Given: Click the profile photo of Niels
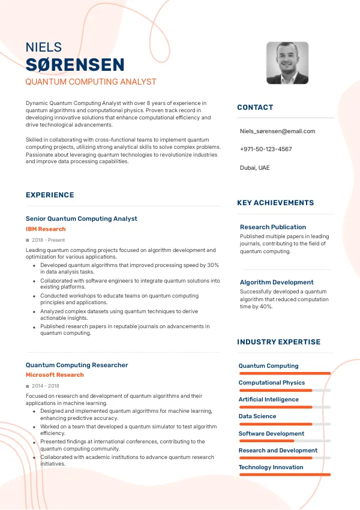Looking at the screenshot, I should [287, 63].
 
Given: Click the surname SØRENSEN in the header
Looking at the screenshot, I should [76, 65].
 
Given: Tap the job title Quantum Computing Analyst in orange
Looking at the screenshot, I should [91, 82].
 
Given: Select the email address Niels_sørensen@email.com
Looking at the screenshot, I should [277, 131].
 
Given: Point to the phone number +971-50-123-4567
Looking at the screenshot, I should [266, 149].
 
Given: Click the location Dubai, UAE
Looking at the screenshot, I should [254, 167].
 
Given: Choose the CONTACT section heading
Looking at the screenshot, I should [255, 107].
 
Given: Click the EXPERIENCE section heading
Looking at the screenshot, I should [50, 195].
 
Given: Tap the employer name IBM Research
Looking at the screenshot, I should [46, 229].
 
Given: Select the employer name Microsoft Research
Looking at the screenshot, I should [55, 375].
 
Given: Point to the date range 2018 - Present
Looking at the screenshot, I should [48, 240].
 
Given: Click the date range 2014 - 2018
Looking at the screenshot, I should [46, 386].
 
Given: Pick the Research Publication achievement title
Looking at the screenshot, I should [273, 227].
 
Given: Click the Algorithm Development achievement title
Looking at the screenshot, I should [277, 282].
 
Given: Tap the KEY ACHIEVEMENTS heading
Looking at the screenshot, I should [275, 203].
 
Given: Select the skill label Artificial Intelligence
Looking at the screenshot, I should [268, 400].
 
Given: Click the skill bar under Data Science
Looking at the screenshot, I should [284, 424].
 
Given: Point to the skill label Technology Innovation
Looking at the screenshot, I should [271, 467].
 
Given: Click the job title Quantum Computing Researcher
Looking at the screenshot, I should [77, 365].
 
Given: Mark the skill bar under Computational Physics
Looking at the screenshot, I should [284, 390].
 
